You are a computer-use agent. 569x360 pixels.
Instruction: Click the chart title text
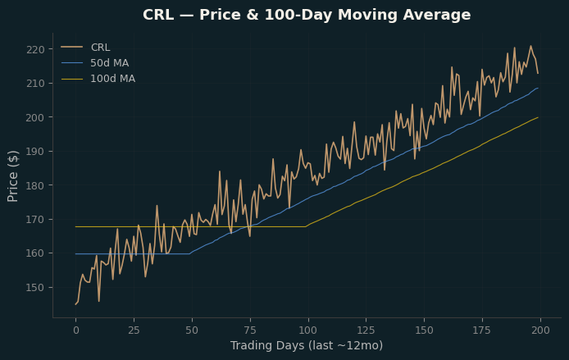(307, 15)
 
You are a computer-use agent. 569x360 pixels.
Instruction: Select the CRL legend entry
(85, 48)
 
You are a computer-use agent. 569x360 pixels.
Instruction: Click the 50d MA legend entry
(95, 63)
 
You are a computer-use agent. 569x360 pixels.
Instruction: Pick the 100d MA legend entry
(98, 79)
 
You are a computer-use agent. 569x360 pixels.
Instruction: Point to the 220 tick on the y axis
(35, 49)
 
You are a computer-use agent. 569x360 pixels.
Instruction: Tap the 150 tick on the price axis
(35, 287)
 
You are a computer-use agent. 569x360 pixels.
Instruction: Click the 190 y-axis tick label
(35, 152)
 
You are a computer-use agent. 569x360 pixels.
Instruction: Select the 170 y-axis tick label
(35, 220)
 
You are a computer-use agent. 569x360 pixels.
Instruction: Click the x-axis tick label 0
(76, 330)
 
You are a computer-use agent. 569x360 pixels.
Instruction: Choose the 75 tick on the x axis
(250, 330)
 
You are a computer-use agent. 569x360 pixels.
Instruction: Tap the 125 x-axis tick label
(366, 330)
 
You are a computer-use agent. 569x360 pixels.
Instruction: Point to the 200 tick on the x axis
(540, 330)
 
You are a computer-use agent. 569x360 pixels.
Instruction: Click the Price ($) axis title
(12, 176)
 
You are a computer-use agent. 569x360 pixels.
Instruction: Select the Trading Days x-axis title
(307, 345)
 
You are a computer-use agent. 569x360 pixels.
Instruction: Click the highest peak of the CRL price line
(530, 46)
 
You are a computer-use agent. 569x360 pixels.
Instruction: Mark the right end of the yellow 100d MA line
(538, 117)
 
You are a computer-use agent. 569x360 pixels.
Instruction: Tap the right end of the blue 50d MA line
(538, 88)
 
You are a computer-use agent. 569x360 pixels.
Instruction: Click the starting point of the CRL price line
(76, 304)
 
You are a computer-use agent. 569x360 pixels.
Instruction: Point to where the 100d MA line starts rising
(306, 226)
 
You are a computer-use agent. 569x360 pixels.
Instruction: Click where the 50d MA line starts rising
(189, 253)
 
